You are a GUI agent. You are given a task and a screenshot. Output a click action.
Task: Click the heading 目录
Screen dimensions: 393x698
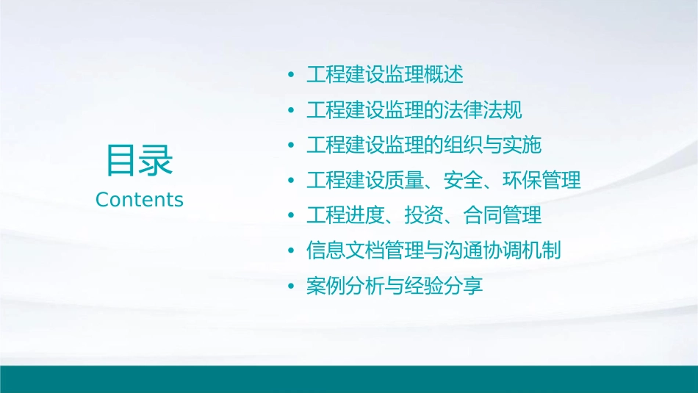(140, 159)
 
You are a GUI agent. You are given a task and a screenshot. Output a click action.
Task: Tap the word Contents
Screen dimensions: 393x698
(140, 200)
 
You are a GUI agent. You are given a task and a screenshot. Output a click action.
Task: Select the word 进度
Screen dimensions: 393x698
(359, 215)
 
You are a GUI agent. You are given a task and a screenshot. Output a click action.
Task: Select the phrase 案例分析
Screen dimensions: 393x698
(342, 286)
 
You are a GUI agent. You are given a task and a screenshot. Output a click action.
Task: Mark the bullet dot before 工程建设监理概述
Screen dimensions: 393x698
(292, 76)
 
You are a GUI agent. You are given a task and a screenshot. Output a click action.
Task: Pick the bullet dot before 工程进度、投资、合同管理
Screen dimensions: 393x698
(292, 216)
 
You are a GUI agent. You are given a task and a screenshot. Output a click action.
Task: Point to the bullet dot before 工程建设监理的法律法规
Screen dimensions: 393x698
(292, 111)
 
